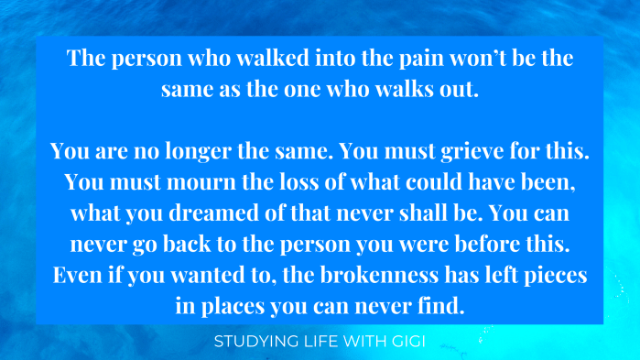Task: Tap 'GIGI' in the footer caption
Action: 406,343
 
